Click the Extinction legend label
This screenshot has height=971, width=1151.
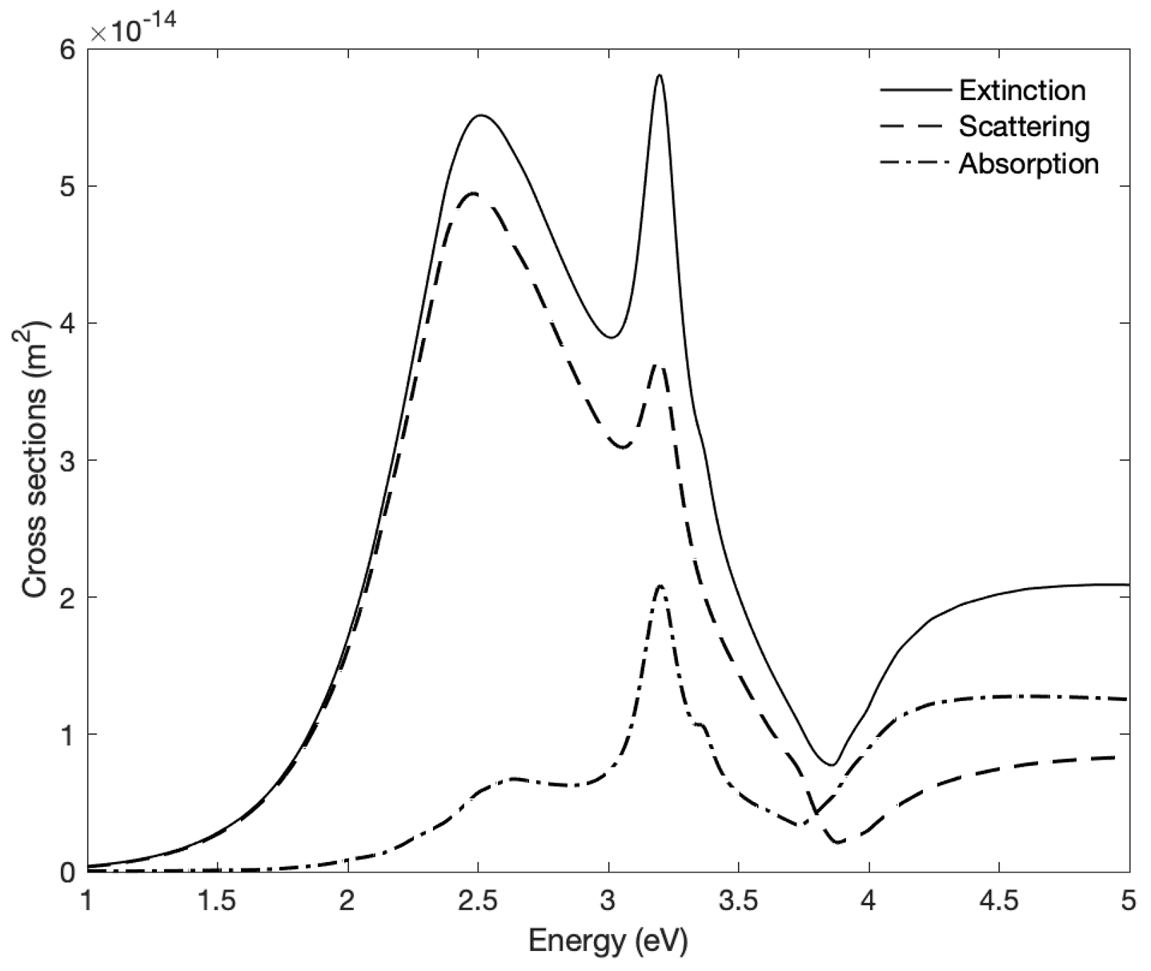click(1022, 91)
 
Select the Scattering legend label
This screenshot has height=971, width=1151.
click(1025, 127)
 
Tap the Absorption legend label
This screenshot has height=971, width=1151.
click(1029, 164)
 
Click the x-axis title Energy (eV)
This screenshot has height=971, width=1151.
click(608, 941)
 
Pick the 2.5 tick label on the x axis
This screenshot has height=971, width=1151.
click(478, 901)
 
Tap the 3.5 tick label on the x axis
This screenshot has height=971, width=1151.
click(738, 901)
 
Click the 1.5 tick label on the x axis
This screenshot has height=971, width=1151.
click(217, 901)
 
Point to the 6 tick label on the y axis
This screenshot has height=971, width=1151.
click(68, 50)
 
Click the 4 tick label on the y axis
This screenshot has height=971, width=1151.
click(68, 323)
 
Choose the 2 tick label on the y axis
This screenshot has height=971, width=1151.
click(68, 597)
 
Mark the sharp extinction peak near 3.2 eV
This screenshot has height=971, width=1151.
click(659, 75)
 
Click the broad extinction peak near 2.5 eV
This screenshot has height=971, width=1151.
click(481, 115)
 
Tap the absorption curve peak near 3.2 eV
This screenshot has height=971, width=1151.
click(660, 586)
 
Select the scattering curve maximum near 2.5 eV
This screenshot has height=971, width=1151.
click(473, 193)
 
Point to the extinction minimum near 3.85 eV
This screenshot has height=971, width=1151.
click(832, 764)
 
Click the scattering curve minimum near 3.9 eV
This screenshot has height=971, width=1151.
click(839, 842)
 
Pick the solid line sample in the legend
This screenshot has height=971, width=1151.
click(916, 90)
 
